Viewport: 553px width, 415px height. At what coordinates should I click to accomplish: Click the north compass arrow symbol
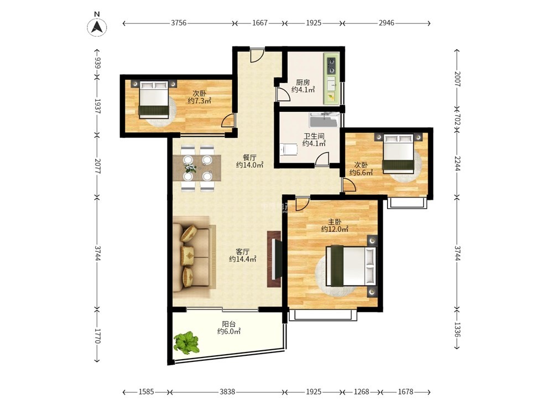97,27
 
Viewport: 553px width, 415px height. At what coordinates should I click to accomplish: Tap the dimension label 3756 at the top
179,23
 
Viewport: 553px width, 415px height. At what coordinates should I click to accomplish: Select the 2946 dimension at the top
386,23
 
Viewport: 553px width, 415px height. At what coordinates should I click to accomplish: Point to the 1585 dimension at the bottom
146,392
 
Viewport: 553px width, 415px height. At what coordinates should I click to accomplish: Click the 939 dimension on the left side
98,63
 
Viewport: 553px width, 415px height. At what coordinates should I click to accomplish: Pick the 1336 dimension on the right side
457,329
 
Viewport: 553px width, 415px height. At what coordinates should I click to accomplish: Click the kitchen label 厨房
303,82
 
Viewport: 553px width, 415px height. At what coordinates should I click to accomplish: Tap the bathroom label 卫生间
314,136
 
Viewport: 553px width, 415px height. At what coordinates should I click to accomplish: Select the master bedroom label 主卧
335,222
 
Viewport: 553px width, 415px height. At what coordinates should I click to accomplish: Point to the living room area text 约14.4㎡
243,259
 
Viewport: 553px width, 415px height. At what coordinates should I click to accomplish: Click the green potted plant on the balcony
186,343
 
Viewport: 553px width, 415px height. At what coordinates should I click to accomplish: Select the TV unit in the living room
274,259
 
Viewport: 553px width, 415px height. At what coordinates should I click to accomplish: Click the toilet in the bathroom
289,149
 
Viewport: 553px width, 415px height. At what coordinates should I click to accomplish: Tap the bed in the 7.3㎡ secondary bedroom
153,100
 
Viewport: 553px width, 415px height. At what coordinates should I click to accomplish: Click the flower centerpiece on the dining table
190,168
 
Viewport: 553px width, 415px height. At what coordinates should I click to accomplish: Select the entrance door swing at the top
257,55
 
